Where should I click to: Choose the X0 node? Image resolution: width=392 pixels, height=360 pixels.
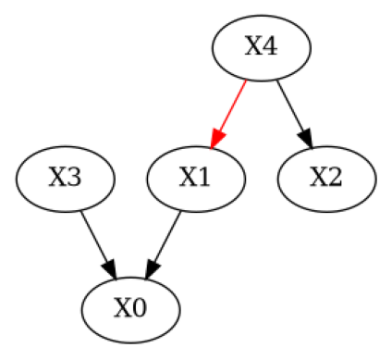pyautogui.click(x=130, y=308)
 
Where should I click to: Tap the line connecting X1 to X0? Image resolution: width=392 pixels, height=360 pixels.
pyautogui.click(x=166, y=239)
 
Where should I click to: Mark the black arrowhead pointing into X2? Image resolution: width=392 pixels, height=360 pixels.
pyautogui.click(x=308, y=139)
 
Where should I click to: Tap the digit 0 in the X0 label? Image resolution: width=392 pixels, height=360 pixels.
pyautogui.click(x=139, y=308)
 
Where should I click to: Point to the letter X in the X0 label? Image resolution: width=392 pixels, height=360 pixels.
pyautogui.click(x=122, y=308)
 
